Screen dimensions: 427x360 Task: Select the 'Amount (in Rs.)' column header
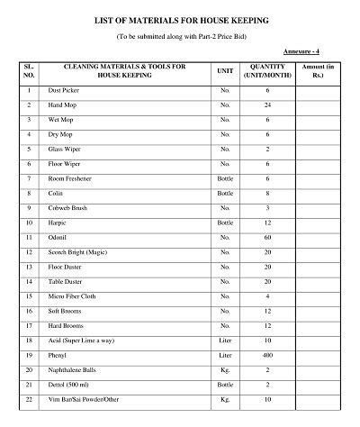[319, 73]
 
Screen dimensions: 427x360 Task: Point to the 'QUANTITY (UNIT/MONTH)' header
[268, 73]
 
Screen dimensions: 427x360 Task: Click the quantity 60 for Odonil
[267, 235]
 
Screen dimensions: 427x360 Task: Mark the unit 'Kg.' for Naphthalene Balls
[225, 370]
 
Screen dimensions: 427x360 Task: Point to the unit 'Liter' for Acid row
[225, 341]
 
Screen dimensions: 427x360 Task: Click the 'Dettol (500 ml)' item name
[74, 385]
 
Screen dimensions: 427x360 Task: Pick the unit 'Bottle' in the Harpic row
[225, 223]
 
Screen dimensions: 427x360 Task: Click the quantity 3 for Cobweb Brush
[267, 208]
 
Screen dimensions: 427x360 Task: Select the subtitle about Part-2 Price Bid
[180, 35]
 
